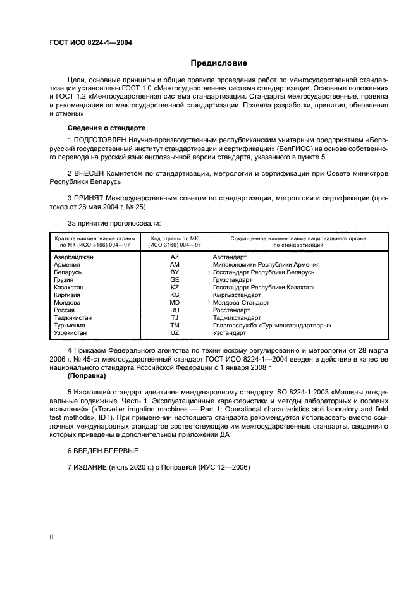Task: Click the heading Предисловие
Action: coord(219,63)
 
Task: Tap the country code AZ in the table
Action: coord(175,257)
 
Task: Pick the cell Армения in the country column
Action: coord(68,265)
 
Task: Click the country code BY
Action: coord(175,272)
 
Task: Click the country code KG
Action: coord(175,295)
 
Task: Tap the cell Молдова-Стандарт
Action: coord(242,302)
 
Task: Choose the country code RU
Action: coord(175,310)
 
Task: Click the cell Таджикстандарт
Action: coord(240,317)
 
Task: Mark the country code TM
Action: coord(175,325)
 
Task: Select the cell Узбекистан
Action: coord(73,332)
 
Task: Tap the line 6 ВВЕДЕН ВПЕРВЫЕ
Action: coord(101,451)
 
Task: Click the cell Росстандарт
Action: coord(232,310)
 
